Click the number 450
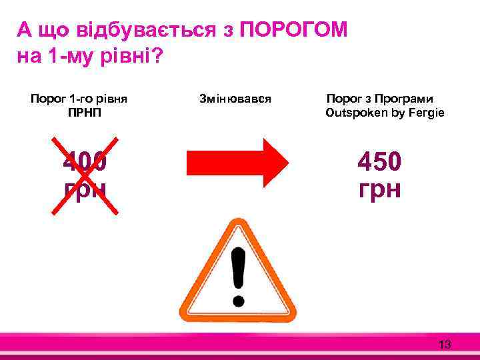click(x=379, y=161)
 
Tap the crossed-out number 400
click(x=85, y=161)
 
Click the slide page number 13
click(x=445, y=345)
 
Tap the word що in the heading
click(x=55, y=30)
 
